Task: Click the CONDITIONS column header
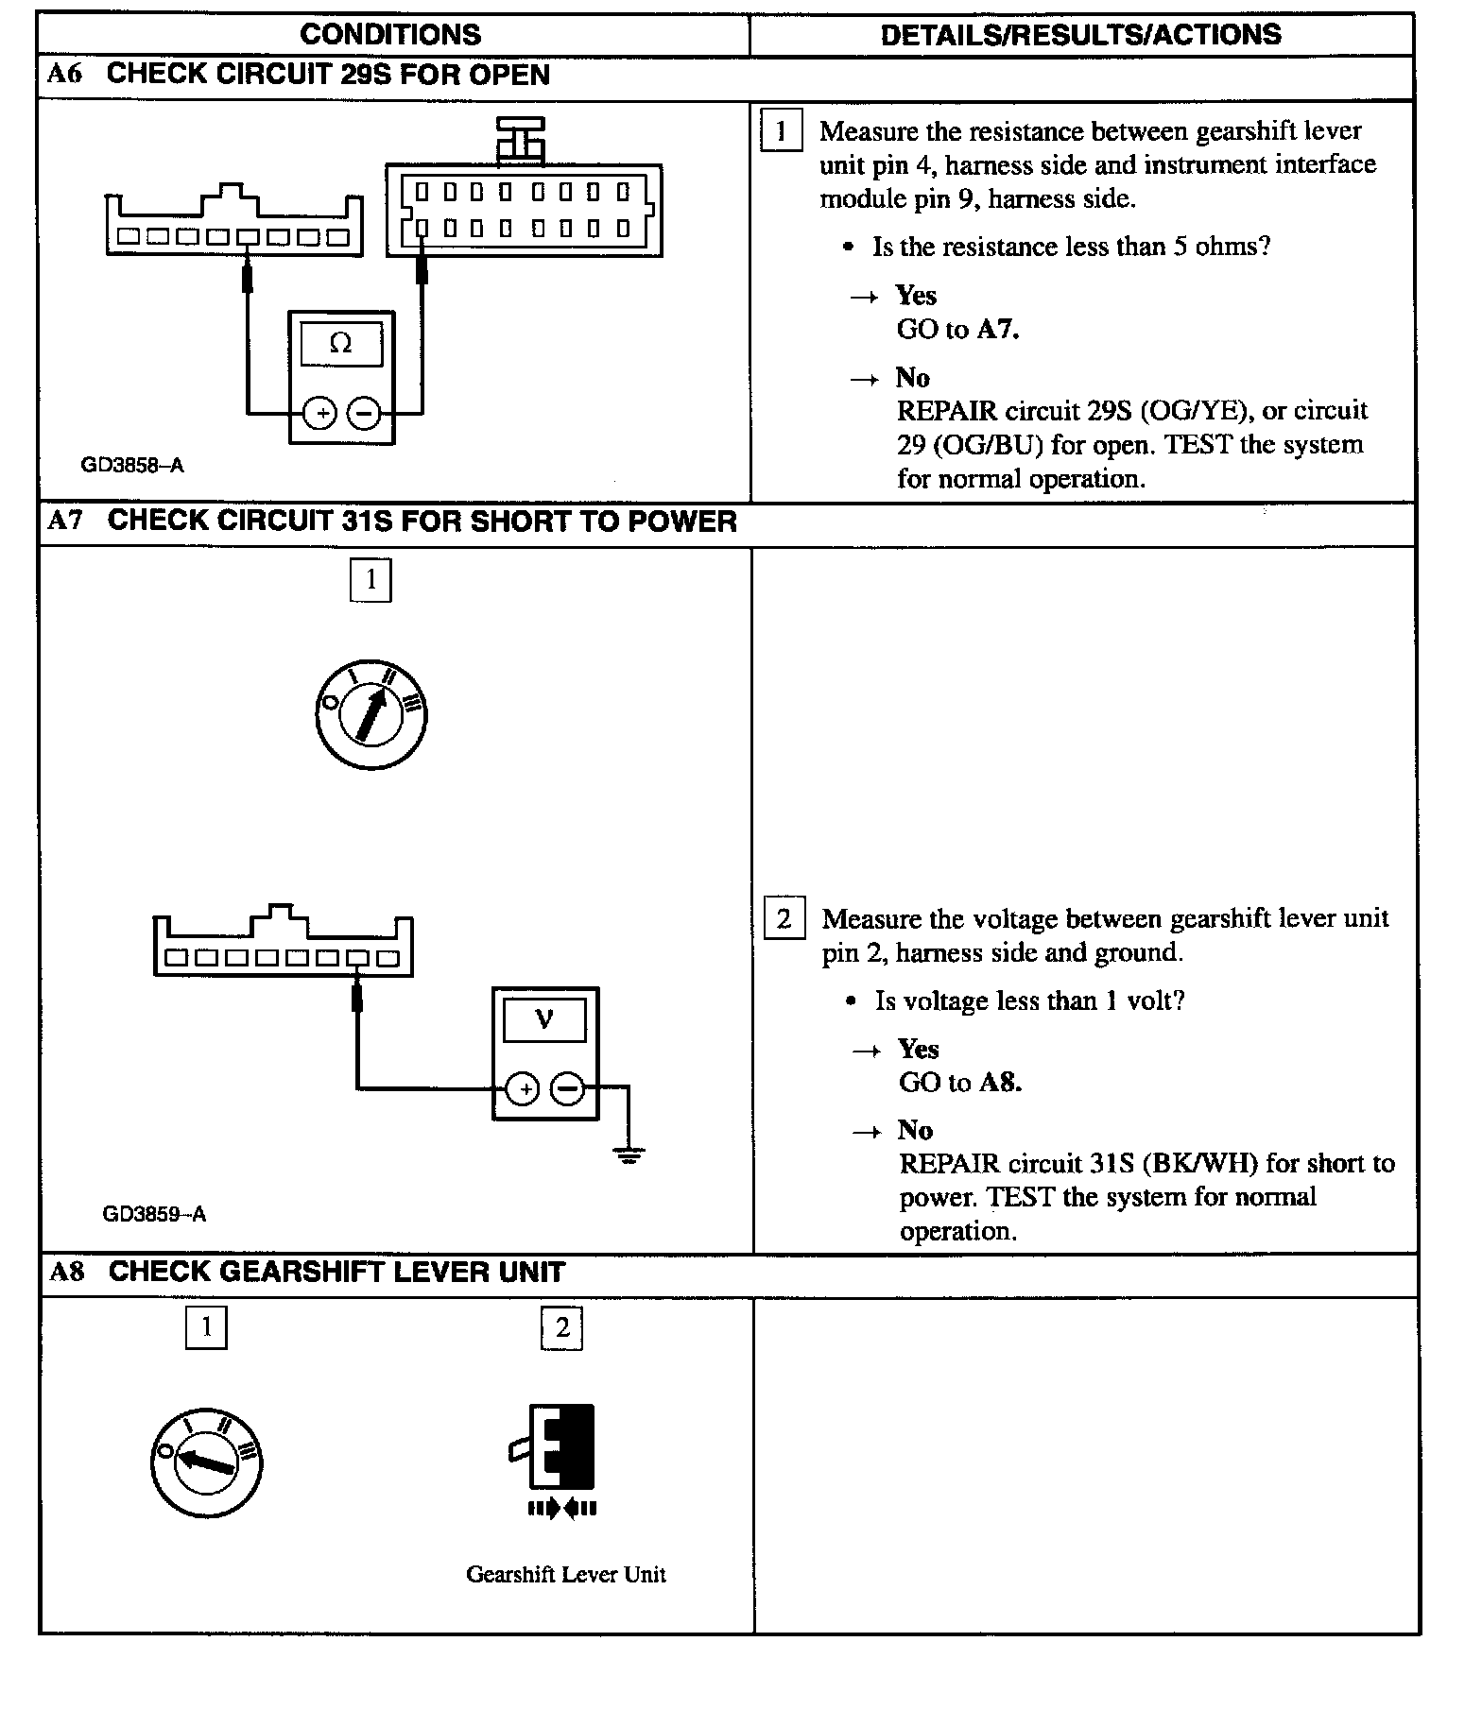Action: [x=390, y=35]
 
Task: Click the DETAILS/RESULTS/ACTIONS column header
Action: [x=1080, y=35]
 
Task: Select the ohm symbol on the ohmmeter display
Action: [x=341, y=344]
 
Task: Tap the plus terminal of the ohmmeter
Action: [x=320, y=413]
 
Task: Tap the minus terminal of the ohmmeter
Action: [x=363, y=413]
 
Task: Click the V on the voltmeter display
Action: [x=544, y=1018]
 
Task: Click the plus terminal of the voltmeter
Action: [x=523, y=1088]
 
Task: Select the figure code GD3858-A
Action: [x=131, y=465]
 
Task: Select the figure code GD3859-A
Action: [x=154, y=1214]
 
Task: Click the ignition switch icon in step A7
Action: [x=370, y=715]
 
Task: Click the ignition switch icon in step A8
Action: [x=206, y=1462]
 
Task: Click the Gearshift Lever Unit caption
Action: [x=565, y=1574]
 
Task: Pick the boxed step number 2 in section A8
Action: [x=561, y=1328]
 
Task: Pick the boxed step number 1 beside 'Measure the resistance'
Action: [x=781, y=131]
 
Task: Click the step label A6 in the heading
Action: [x=64, y=75]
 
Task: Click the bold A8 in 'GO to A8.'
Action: [x=1000, y=1082]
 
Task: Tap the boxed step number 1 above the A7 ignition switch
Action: [x=370, y=579]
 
